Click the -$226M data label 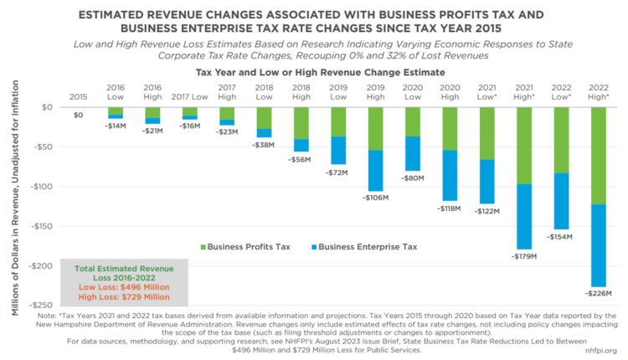599,293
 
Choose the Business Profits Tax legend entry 246,247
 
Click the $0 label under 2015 79,115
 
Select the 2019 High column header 376,92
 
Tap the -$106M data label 376,198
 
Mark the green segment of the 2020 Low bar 413,121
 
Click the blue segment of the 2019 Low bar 338,151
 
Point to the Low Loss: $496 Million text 124,286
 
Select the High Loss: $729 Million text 124,297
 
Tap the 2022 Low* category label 562,92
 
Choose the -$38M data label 265,144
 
